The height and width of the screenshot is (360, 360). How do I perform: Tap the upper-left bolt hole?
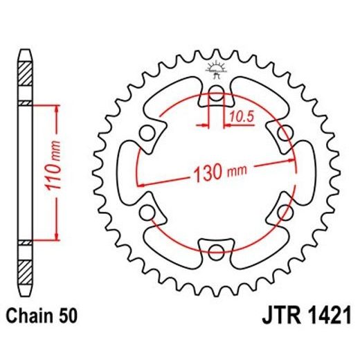click(x=147, y=132)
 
